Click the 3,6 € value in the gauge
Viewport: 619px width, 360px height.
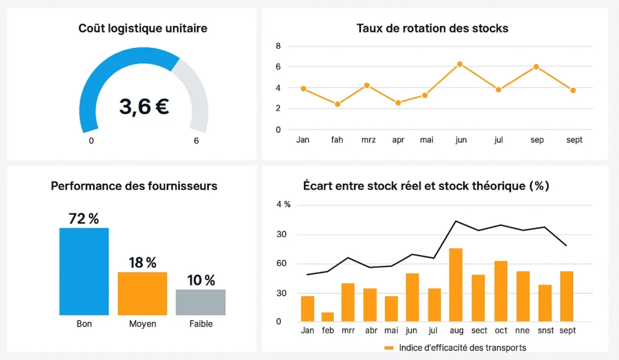point(144,107)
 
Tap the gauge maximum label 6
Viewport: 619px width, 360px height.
point(196,141)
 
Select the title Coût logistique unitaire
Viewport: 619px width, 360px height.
point(143,29)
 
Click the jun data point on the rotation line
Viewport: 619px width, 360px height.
point(460,64)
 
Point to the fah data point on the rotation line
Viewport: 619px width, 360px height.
point(337,104)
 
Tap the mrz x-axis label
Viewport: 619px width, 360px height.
point(368,140)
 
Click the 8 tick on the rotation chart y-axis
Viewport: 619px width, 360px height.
point(278,47)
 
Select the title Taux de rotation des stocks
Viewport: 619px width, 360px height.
point(432,29)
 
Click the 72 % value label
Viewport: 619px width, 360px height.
point(84,218)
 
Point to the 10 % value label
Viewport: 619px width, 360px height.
point(201,281)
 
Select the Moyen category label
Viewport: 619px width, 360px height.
point(142,324)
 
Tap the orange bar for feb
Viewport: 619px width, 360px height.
point(327,317)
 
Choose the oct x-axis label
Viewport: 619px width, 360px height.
point(501,331)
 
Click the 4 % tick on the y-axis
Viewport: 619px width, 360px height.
point(283,205)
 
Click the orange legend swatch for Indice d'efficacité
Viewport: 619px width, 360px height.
point(389,348)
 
